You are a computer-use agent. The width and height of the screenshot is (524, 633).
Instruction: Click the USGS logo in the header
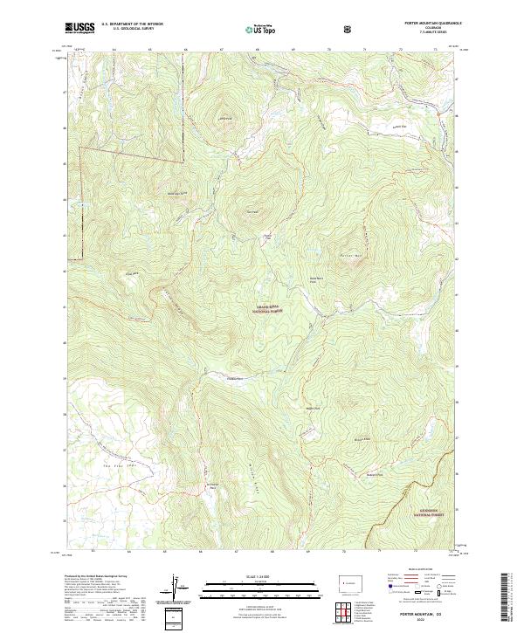[x=79, y=29]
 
